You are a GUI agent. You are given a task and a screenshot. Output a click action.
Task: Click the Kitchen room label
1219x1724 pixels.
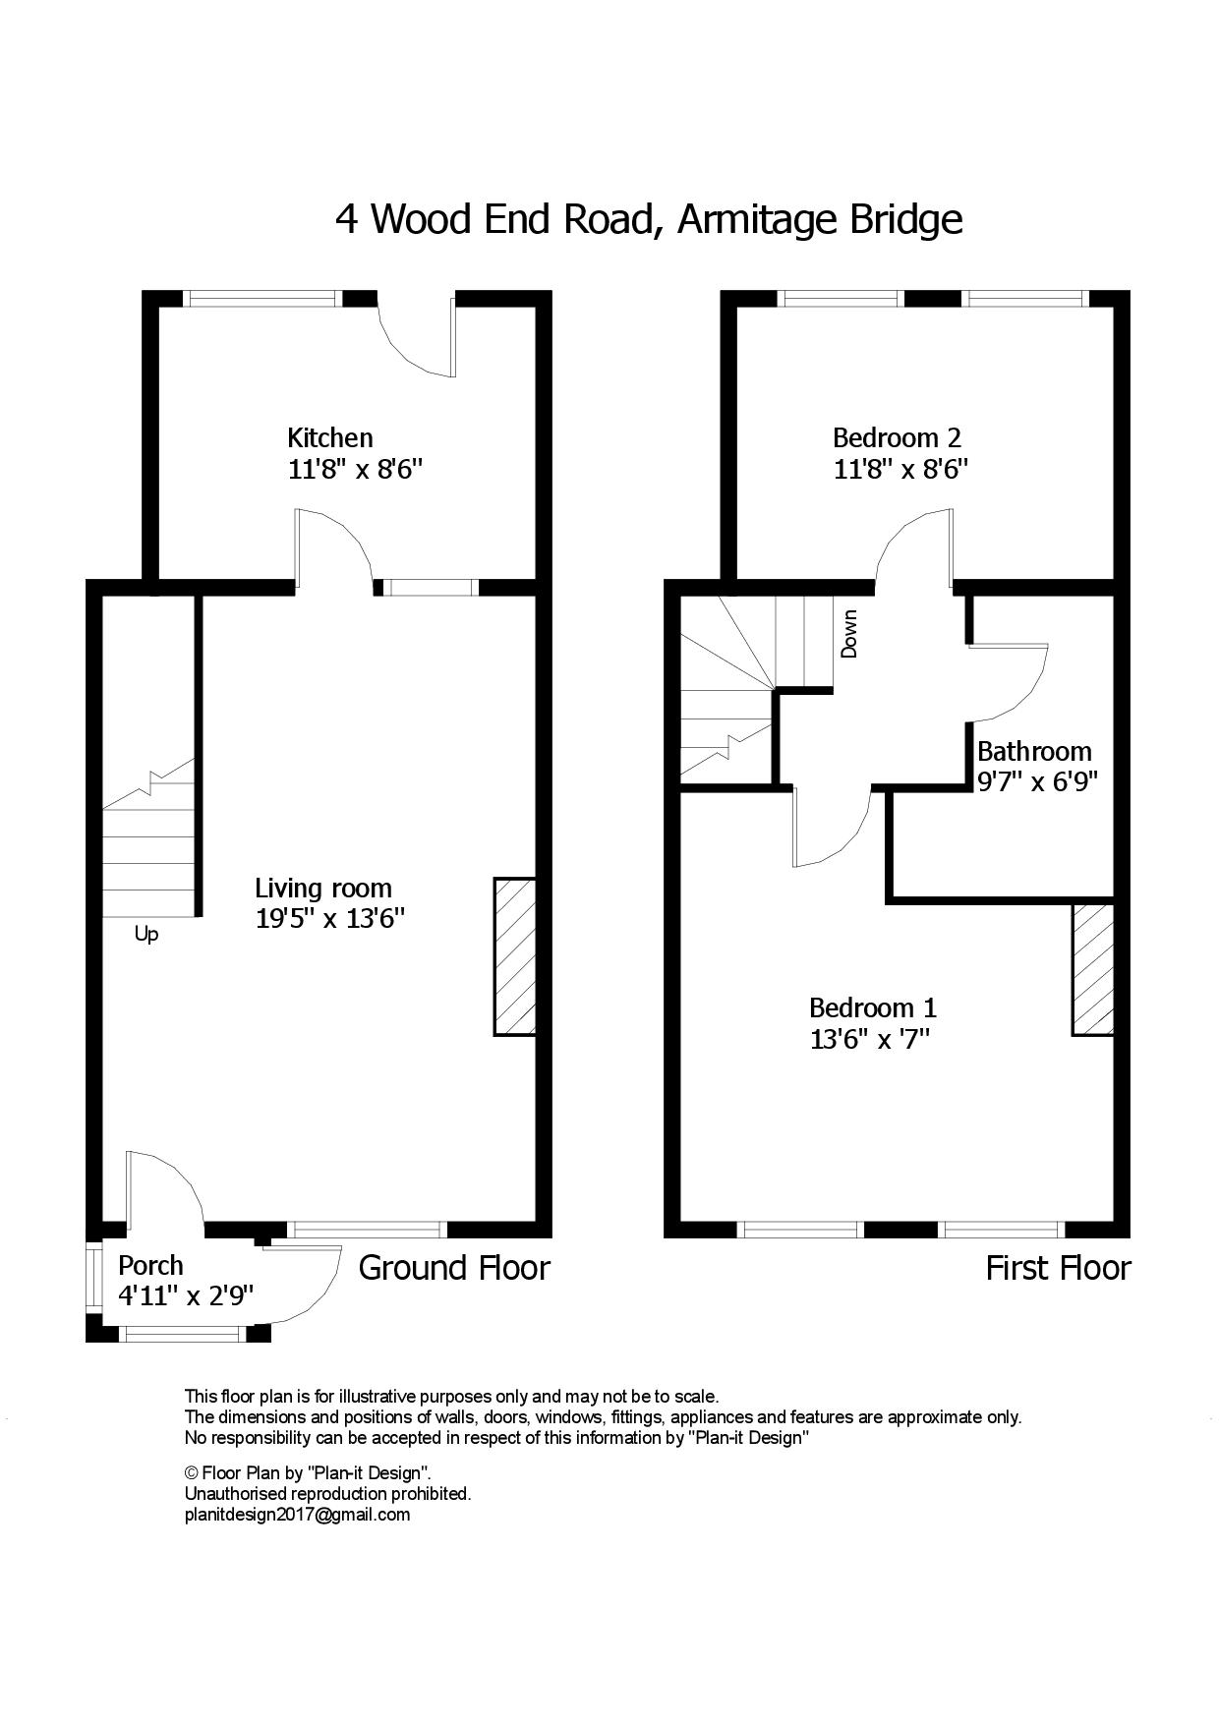tap(329, 437)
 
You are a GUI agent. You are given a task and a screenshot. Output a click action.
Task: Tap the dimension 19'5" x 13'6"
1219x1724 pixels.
tap(330, 920)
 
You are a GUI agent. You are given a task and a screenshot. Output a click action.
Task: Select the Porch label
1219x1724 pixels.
tap(150, 1265)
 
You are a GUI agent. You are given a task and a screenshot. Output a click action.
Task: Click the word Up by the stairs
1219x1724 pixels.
tap(145, 935)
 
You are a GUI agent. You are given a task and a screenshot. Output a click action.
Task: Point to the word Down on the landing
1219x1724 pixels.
tap(849, 634)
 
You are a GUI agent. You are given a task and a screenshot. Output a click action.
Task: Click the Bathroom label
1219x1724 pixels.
tap(1034, 752)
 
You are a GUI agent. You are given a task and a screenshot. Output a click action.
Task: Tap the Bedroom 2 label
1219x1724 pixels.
tap(897, 437)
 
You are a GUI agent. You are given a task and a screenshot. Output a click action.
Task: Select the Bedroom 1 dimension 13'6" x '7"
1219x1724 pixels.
tap(869, 1040)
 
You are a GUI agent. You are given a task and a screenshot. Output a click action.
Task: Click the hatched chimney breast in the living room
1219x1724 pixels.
tap(514, 956)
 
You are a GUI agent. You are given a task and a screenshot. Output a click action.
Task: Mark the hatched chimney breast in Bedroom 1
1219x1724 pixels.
tap(1092, 969)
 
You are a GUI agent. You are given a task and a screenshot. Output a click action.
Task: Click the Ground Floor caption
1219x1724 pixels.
tap(454, 1268)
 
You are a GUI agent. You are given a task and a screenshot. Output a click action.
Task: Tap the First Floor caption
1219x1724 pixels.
tap(1058, 1268)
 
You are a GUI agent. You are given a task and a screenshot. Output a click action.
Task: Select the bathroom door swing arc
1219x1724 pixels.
tap(1017, 688)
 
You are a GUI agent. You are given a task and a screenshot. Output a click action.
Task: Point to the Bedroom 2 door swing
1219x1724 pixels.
tap(909, 546)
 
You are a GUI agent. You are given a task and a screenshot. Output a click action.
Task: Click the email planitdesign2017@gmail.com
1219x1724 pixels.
tap(297, 1515)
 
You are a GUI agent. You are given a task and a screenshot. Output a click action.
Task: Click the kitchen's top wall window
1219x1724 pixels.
tap(262, 299)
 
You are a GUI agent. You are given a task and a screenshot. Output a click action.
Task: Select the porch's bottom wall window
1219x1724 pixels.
tap(181, 1334)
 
